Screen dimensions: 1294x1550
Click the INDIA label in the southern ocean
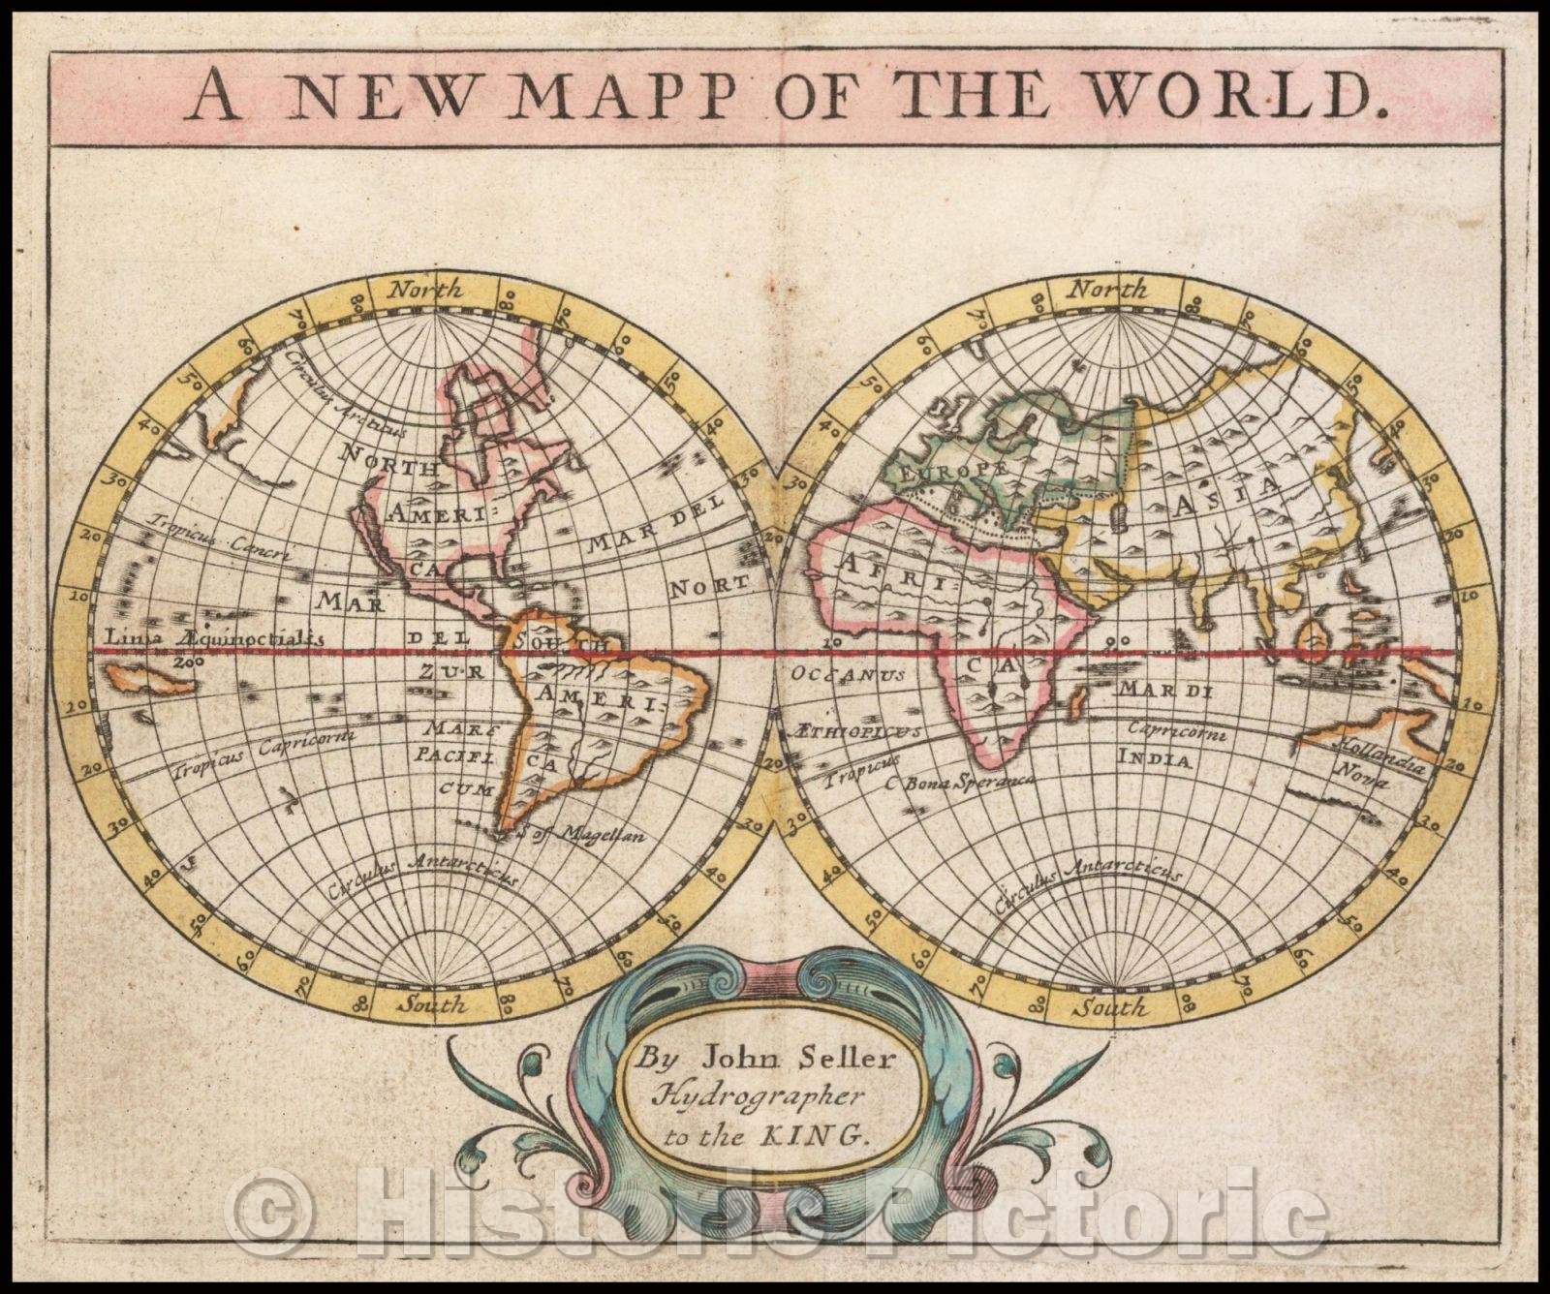pos(1154,758)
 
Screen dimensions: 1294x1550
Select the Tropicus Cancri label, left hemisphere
pos(219,536)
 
